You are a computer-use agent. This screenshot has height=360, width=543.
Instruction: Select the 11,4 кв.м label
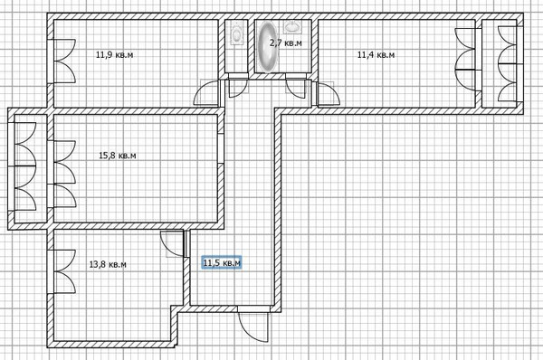click(376, 54)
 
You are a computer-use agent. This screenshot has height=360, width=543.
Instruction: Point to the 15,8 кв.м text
click(117, 156)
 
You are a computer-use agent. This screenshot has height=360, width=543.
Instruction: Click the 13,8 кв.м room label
click(108, 264)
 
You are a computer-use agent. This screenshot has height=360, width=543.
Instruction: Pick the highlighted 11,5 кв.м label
click(222, 263)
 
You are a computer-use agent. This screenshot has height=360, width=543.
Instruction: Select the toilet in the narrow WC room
click(236, 33)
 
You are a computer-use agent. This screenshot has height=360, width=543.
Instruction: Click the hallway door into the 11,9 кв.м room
click(207, 90)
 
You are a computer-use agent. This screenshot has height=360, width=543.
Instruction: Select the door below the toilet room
click(236, 88)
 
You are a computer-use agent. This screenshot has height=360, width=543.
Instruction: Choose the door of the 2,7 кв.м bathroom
click(295, 87)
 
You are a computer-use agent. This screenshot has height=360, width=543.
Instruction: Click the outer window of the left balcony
click(23, 164)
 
